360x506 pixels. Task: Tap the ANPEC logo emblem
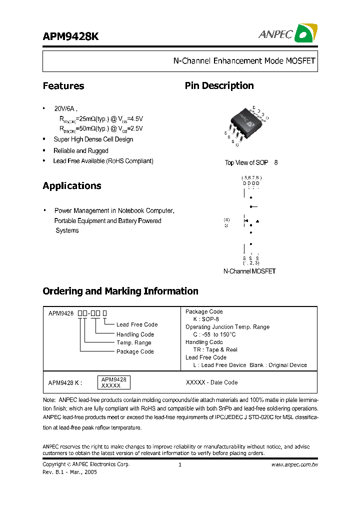[304, 33]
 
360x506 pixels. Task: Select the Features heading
[63, 86]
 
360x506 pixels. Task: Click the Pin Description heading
[219, 86]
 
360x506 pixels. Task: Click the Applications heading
[72, 186]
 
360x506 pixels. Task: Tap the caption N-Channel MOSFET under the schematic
[249, 271]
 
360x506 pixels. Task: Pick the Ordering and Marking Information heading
[120, 291]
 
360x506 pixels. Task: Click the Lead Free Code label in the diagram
[136, 324]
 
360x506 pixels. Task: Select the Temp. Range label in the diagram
[133, 343]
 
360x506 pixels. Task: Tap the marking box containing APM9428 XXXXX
[114, 383]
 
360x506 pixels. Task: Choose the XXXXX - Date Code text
[211, 382]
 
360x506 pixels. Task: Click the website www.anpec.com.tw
[295, 464]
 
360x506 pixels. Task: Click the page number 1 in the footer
[179, 464]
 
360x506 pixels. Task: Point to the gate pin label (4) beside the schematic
[226, 219]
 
